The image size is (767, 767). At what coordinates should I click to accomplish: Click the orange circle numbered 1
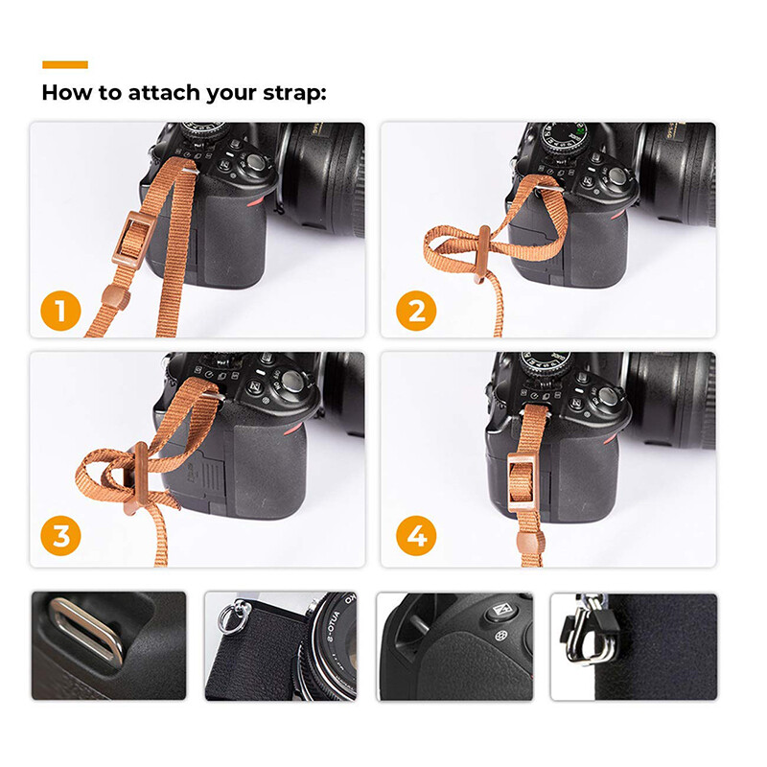pos(60,312)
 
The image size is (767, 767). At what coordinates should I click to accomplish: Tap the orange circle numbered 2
pos(416,312)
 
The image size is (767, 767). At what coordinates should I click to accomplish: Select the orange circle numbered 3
pos(60,537)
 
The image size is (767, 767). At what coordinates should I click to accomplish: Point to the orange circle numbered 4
pos(416,537)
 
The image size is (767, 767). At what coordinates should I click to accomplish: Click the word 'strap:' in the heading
pos(293,94)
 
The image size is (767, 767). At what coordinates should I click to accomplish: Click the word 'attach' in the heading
pos(153,94)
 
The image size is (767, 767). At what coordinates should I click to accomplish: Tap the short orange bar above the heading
pos(65,65)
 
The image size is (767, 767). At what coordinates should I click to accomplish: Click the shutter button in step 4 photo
pos(606,395)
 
